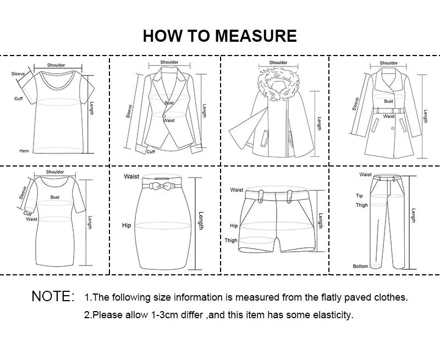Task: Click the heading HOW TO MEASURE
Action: click(220, 36)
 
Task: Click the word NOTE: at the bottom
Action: click(53, 297)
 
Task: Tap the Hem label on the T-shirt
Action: click(24, 151)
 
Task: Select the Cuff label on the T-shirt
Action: click(18, 98)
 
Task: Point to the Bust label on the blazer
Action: click(169, 103)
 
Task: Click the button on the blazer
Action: click(164, 115)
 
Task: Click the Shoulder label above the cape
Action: click(278, 63)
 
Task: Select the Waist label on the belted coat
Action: click(389, 117)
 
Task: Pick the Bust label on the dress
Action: click(55, 197)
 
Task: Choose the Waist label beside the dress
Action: click(31, 219)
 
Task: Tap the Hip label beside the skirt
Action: click(127, 225)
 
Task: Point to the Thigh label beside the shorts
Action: click(231, 241)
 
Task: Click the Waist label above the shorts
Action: click(237, 190)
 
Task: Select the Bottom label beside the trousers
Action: click(360, 267)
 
